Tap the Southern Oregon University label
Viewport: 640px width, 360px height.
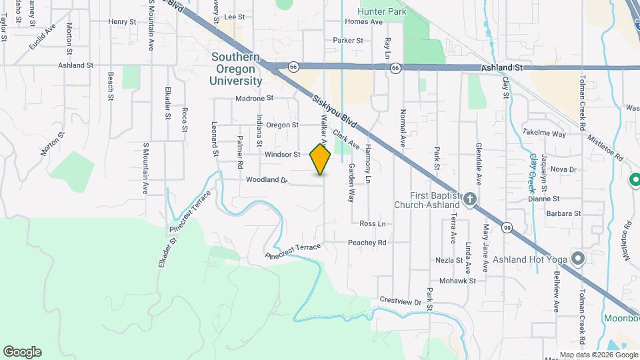[236, 69]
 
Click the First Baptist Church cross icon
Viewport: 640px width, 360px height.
[470, 199]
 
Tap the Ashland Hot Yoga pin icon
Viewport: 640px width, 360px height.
[577, 258]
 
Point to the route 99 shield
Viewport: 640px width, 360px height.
[508, 229]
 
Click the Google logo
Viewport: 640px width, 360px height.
[22, 351]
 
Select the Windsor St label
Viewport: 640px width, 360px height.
[283, 154]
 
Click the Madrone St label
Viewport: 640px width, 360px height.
[255, 98]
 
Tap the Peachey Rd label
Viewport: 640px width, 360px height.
[367, 243]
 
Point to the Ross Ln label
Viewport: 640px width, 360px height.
[373, 223]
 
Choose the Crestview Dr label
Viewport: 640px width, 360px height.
[400, 301]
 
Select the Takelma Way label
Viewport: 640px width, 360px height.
[544, 133]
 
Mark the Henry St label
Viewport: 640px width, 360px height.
[122, 21]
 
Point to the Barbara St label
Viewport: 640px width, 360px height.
[563, 213]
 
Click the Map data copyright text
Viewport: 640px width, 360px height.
[599, 355]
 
